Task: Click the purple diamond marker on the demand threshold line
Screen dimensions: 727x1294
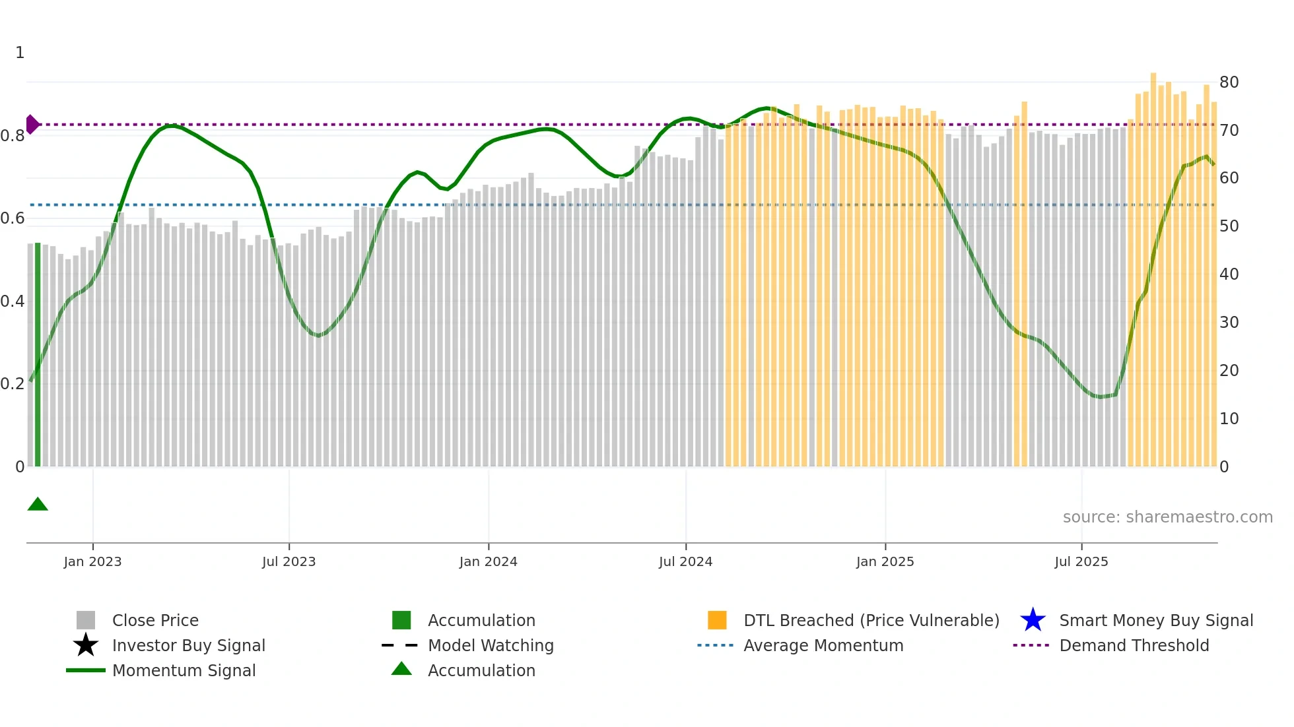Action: [32, 124]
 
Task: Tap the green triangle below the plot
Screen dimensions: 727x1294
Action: [38, 505]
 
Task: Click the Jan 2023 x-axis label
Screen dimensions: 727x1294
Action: [92, 561]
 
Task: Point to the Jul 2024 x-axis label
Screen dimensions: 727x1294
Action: [685, 561]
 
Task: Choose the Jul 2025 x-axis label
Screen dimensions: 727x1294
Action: [1081, 561]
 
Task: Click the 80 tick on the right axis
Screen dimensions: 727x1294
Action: [1229, 82]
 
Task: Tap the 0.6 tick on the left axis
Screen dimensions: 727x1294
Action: [13, 218]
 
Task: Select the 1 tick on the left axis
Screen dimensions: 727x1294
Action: [20, 53]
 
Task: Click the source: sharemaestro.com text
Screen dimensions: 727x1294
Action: [1167, 517]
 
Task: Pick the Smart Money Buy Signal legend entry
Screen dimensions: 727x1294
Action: [1155, 620]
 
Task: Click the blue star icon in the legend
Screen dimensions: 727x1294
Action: [1033, 620]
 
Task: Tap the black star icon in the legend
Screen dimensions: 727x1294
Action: [86, 645]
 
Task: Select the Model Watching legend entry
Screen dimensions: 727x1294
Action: [490, 645]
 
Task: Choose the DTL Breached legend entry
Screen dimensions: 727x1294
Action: [871, 620]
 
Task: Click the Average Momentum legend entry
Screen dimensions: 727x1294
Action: [823, 645]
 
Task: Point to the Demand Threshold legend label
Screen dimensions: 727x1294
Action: [1134, 645]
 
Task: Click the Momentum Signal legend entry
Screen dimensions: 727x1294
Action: [184, 670]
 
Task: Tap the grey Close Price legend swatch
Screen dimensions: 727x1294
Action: [86, 620]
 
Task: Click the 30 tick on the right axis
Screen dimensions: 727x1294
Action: [1229, 323]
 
